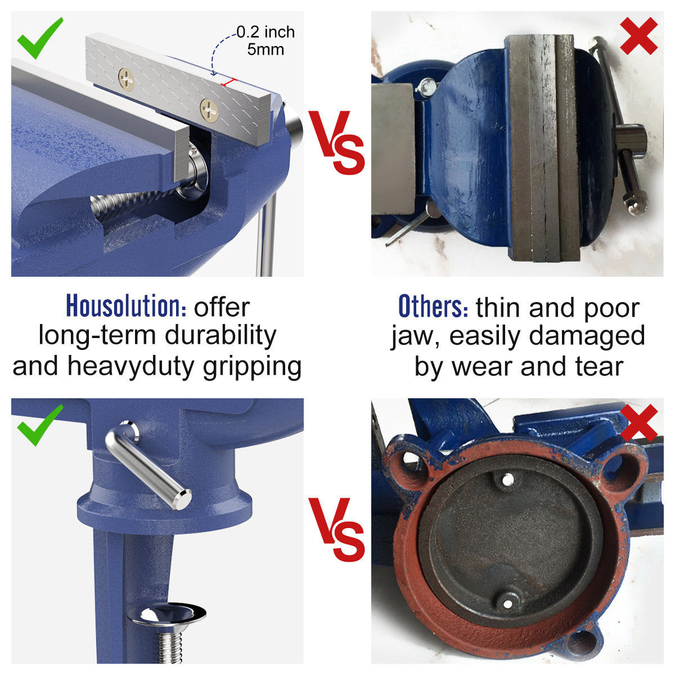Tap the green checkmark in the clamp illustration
pos(39,425)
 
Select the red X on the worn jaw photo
pos(638,36)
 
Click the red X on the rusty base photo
pos(638,423)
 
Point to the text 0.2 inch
pos(265,32)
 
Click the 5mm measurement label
pos(265,49)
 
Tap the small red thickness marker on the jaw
pos(229,82)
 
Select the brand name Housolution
pos(126,306)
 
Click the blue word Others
pos(433,306)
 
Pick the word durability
pos(220,335)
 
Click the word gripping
pos(252,367)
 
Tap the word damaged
pos(587,335)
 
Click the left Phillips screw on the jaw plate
pos(126,80)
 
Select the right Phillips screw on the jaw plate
pos(209,110)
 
